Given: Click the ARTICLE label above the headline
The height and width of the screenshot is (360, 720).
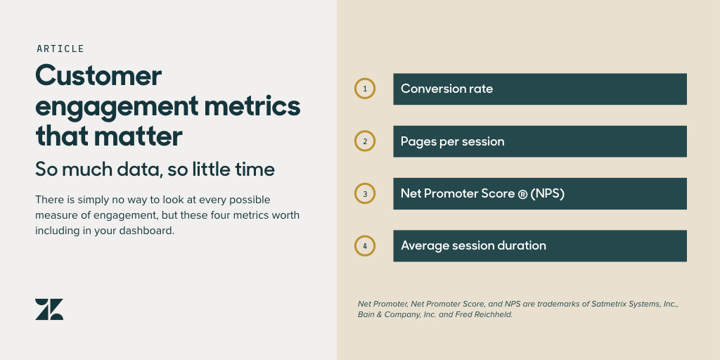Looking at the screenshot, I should pyautogui.click(x=60, y=49).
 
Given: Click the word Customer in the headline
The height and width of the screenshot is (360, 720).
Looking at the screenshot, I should pyautogui.click(x=98, y=75).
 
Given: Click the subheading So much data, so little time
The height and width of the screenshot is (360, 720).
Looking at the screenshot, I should pyautogui.click(x=155, y=169).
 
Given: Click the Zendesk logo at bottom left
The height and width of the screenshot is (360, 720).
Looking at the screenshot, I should pyautogui.click(x=49, y=309).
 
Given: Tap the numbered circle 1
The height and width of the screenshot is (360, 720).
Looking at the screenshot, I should pyautogui.click(x=365, y=89).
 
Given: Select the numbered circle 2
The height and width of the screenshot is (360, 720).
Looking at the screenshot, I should pyautogui.click(x=365, y=141).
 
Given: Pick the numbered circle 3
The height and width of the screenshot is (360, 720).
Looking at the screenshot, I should pyautogui.click(x=365, y=193).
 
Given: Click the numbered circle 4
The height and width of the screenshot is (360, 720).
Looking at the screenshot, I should pyautogui.click(x=365, y=246).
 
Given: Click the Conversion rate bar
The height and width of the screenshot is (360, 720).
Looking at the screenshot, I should pyautogui.click(x=539, y=89).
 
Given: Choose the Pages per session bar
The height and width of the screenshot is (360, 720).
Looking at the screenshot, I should pyautogui.click(x=539, y=141).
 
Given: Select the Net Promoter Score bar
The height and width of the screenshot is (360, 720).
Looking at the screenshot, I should pyautogui.click(x=539, y=193).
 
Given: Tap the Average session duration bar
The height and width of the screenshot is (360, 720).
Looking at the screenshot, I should pyautogui.click(x=539, y=246).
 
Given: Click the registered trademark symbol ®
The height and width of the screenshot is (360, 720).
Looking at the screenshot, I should pyautogui.click(x=522, y=194).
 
